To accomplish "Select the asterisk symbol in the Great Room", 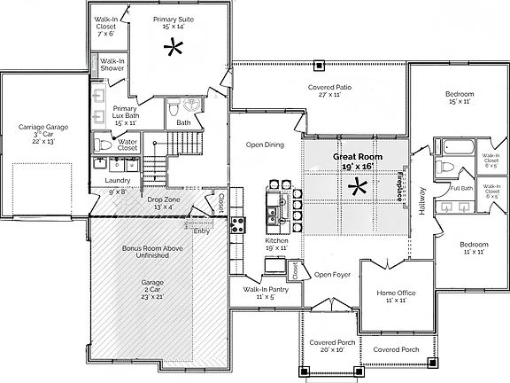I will [359, 187].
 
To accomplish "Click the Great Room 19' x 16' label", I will [353, 160].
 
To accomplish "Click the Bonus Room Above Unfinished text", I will [152, 254].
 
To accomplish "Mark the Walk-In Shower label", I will [111, 64].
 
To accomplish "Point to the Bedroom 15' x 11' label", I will [459, 98].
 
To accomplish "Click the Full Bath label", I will [460, 189].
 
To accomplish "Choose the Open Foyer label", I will [332, 275].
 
